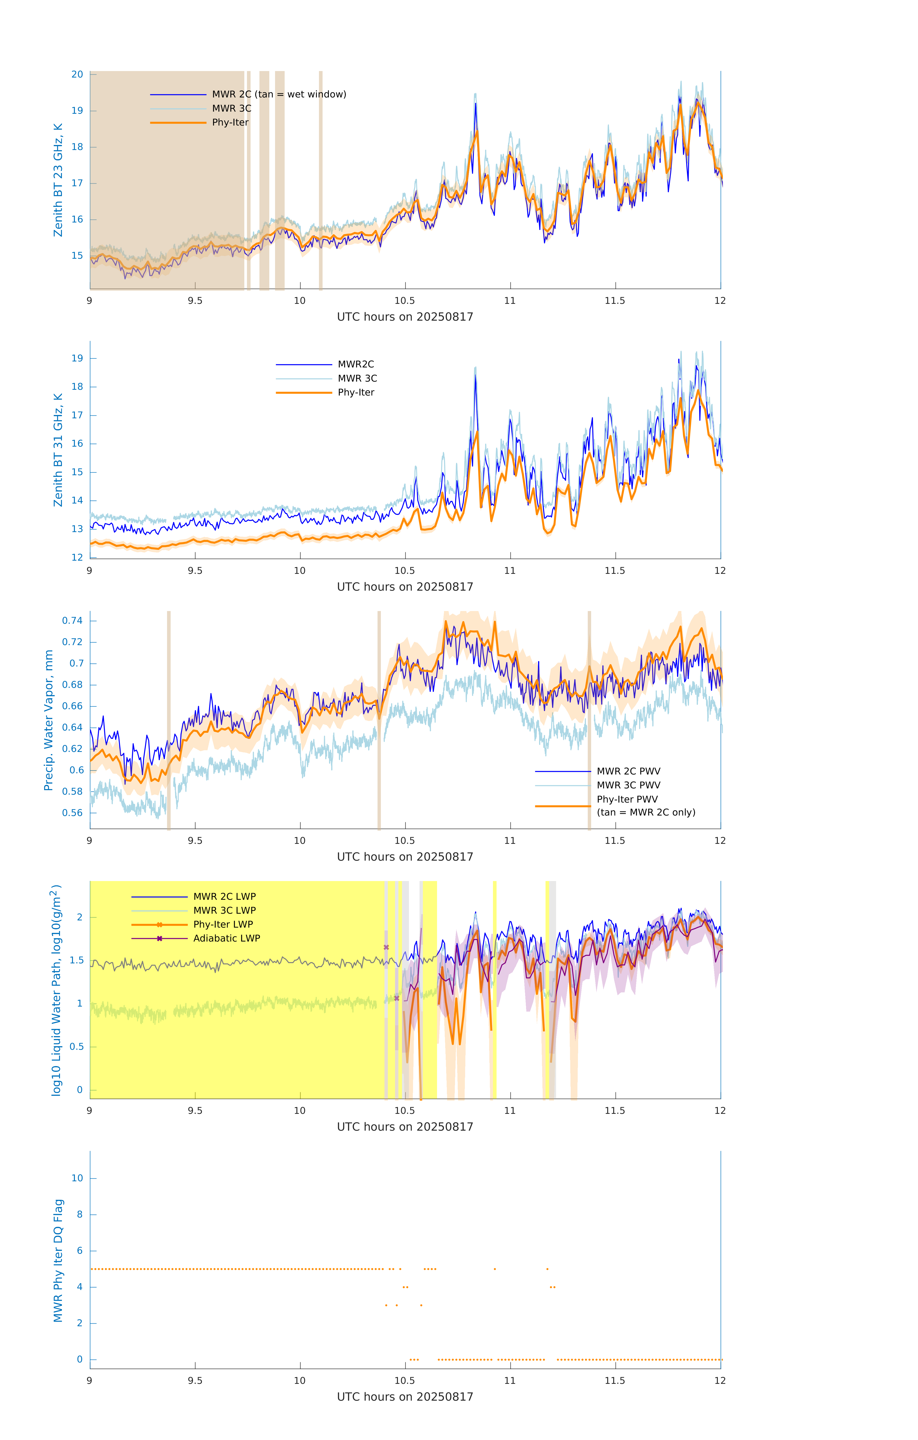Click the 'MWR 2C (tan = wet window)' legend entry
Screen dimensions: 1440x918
[279, 95]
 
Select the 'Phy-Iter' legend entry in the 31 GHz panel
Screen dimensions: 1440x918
[356, 392]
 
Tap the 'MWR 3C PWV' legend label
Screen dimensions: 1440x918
[628, 785]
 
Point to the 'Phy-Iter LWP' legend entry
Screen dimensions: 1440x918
[223, 924]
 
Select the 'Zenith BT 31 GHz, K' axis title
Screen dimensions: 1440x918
[58, 450]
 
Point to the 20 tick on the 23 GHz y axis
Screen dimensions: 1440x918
[77, 74]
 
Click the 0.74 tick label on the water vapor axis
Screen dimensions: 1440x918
[72, 621]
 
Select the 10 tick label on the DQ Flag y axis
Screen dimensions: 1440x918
[77, 1178]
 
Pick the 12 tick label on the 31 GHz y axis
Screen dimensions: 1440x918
[77, 557]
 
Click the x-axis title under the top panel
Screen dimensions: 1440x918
[405, 317]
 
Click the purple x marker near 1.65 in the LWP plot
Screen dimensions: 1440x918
[386, 947]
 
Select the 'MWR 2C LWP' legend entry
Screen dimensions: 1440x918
[224, 896]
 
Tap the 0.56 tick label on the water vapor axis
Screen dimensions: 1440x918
[72, 813]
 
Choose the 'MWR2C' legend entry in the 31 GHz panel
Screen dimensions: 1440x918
[356, 364]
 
